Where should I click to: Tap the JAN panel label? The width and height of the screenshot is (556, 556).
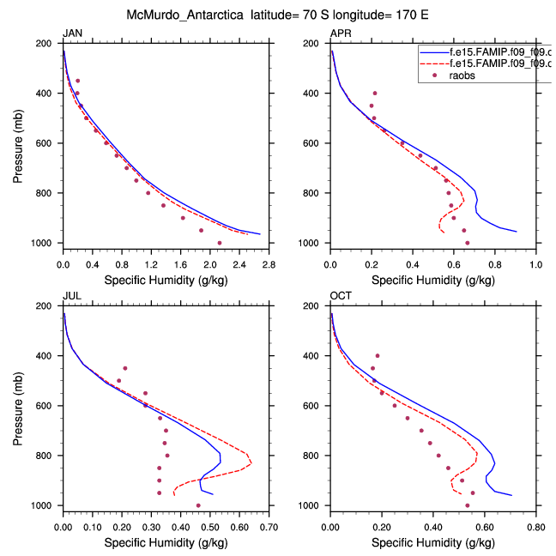[x=72, y=33]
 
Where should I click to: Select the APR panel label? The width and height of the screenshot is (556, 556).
[x=341, y=33]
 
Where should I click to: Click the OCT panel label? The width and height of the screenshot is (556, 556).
[x=341, y=296]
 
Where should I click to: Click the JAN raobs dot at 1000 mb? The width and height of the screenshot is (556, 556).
[x=220, y=243]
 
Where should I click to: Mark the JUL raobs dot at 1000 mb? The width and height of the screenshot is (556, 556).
[x=198, y=505]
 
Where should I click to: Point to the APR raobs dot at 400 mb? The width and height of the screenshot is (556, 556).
[x=374, y=93]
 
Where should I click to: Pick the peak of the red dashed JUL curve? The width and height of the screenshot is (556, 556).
[x=251, y=462]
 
